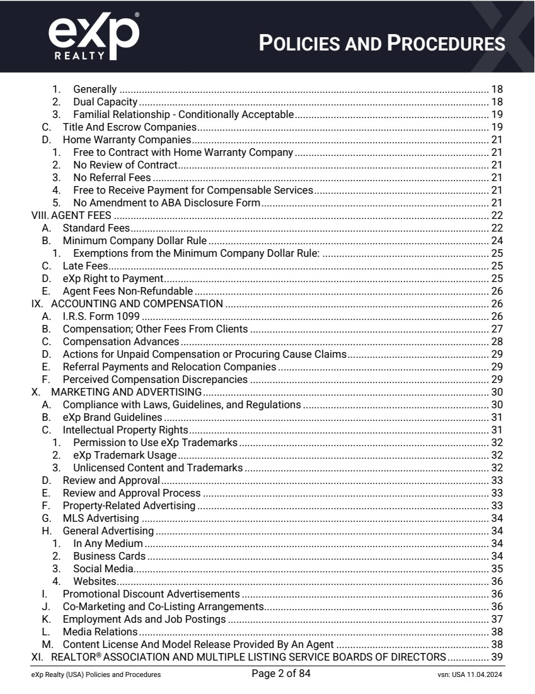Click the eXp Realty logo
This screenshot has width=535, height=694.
pos(94,36)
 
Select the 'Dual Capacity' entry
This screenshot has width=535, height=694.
pos(105,102)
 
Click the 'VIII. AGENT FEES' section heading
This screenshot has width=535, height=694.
pos(71,215)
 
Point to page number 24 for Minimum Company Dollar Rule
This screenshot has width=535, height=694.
pos(498,240)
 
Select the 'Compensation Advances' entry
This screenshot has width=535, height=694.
pos(121,341)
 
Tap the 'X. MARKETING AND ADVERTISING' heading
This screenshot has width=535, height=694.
pos(99,392)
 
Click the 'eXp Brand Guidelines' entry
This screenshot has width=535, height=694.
pos(113,417)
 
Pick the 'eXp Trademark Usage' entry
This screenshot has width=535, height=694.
pos(125,455)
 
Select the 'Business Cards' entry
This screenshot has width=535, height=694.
pos(109,556)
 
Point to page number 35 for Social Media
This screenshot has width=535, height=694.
pos(498,568)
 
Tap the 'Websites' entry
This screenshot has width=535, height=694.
pos(94,581)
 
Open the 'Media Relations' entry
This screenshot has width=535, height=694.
pos(100,632)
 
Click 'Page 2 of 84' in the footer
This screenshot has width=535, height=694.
pos(280,674)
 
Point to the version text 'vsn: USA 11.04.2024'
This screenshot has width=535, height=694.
pos(466,675)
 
